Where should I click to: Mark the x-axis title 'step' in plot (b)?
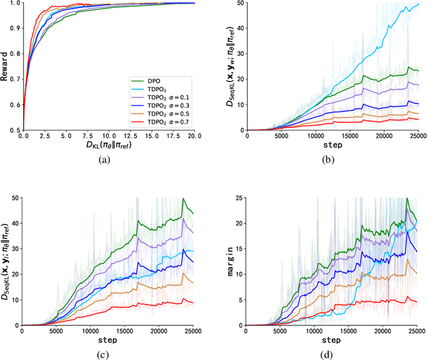tap(332, 145)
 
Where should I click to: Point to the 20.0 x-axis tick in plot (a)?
tap(194, 136)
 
